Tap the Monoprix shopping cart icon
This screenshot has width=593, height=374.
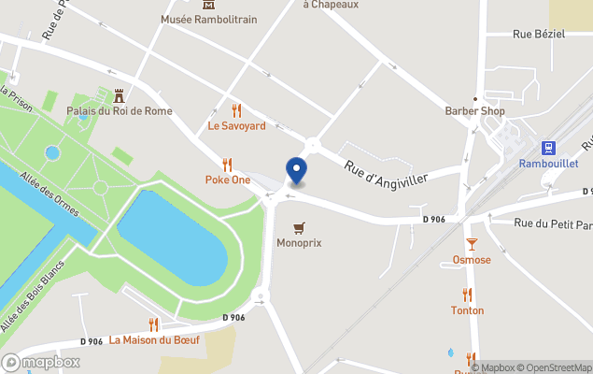pos(299,227)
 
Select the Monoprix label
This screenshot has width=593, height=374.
pos(299,243)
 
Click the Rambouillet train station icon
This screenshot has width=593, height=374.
pos(548,148)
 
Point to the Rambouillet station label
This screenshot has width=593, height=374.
pos(548,164)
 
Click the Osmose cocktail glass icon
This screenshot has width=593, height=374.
pos(472,244)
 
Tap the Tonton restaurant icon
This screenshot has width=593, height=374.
pos(467,295)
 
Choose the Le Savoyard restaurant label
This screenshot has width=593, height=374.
pos(236,125)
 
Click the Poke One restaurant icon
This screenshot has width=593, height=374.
pos(227,164)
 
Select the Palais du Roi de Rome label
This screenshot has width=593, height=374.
pos(119,111)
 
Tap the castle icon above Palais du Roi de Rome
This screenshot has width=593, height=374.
pos(119,95)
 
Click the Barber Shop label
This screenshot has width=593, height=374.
pos(474,111)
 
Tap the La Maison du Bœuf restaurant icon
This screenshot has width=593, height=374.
pos(154,324)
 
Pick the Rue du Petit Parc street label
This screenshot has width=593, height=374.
pos(553,224)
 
